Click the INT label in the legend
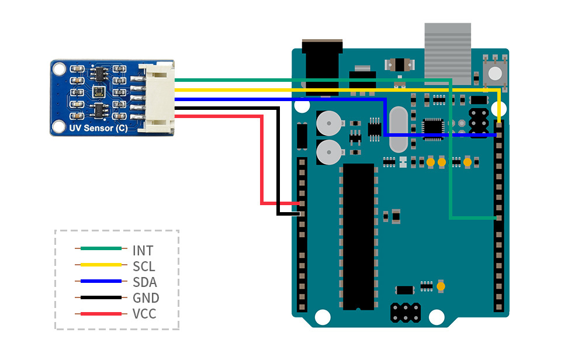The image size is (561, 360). (143, 251)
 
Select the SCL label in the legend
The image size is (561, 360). (144, 266)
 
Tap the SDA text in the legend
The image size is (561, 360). (144, 282)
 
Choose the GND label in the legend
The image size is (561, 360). (146, 298)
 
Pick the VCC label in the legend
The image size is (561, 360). (144, 314)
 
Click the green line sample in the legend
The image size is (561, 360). (101, 249)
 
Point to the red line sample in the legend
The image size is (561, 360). (101, 314)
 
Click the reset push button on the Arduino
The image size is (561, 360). (495, 73)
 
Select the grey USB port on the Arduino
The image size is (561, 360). (447, 53)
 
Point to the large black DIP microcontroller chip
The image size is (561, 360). (358, 237)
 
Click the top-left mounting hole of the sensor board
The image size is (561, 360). (58, 70)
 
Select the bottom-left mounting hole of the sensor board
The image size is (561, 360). (58, 126)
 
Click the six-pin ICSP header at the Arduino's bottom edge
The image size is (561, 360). (404, 313)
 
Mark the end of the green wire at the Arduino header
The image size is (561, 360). (498, 218)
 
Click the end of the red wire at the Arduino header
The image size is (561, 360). (301, 203)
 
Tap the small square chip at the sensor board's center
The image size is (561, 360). (98, 92)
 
